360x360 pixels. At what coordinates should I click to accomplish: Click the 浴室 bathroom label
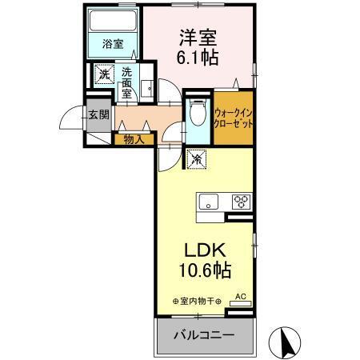click(113, 44)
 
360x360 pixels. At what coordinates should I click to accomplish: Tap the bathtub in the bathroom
click(113, 22)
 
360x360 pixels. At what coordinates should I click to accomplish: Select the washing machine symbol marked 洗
click(103, 74)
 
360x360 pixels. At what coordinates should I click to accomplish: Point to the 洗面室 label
click(126, 82)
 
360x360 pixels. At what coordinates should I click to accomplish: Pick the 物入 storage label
click(133, 139)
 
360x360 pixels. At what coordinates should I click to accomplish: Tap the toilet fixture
click(197, 113)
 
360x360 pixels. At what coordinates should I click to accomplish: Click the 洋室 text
click(197, 38)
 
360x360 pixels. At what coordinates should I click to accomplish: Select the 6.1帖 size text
click(198, 58)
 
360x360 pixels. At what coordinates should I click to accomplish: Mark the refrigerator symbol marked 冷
click(195, 158)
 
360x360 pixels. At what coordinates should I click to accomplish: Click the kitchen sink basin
click(208, 201)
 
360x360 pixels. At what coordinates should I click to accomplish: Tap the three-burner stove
click(241, 201)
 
